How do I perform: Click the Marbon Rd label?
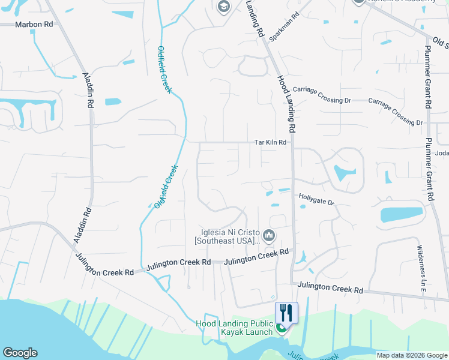tap(34, 25)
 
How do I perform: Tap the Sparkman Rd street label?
tap(284, 28)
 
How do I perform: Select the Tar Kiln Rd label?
tap(270, 143)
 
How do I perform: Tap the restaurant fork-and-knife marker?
tap(286, 313)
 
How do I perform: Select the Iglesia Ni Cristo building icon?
tap(269, 235)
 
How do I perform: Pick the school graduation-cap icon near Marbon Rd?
tap(223, 7)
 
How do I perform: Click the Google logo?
tap(20, 353)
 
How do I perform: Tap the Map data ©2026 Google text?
tap(412, 355)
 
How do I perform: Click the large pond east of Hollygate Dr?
tap(401, 214)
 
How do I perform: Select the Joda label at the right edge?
tap(441, 152)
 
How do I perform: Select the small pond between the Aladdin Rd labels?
tap(113, 101)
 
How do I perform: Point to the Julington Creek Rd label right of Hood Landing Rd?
tap(331, 287)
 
